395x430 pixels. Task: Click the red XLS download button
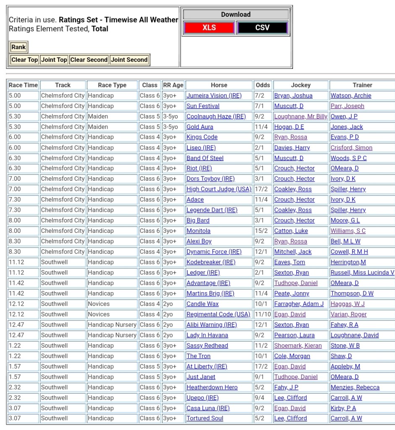pos(209,28)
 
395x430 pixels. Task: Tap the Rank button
pos(18,47)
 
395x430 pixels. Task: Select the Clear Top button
pos(24,60)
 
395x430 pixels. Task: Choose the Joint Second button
pos(129,60)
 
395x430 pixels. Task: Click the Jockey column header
pos(301,85)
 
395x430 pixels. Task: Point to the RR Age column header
pos(173,85)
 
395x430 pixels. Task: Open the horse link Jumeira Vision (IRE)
pos(214,95)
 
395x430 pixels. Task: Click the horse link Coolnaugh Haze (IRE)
pos(216,116)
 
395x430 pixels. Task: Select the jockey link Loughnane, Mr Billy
pos(301,116)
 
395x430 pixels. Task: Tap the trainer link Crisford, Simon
pos(351,148)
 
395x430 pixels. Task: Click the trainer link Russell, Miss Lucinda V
pos(362,272)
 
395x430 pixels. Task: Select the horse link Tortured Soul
pos(205,418)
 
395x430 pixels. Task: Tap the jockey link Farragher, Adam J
pos(299,304)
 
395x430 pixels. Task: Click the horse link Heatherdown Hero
pos(212,387)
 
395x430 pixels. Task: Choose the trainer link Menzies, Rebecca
pos(355,387)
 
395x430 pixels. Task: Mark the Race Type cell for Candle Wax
pos(99,304)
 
